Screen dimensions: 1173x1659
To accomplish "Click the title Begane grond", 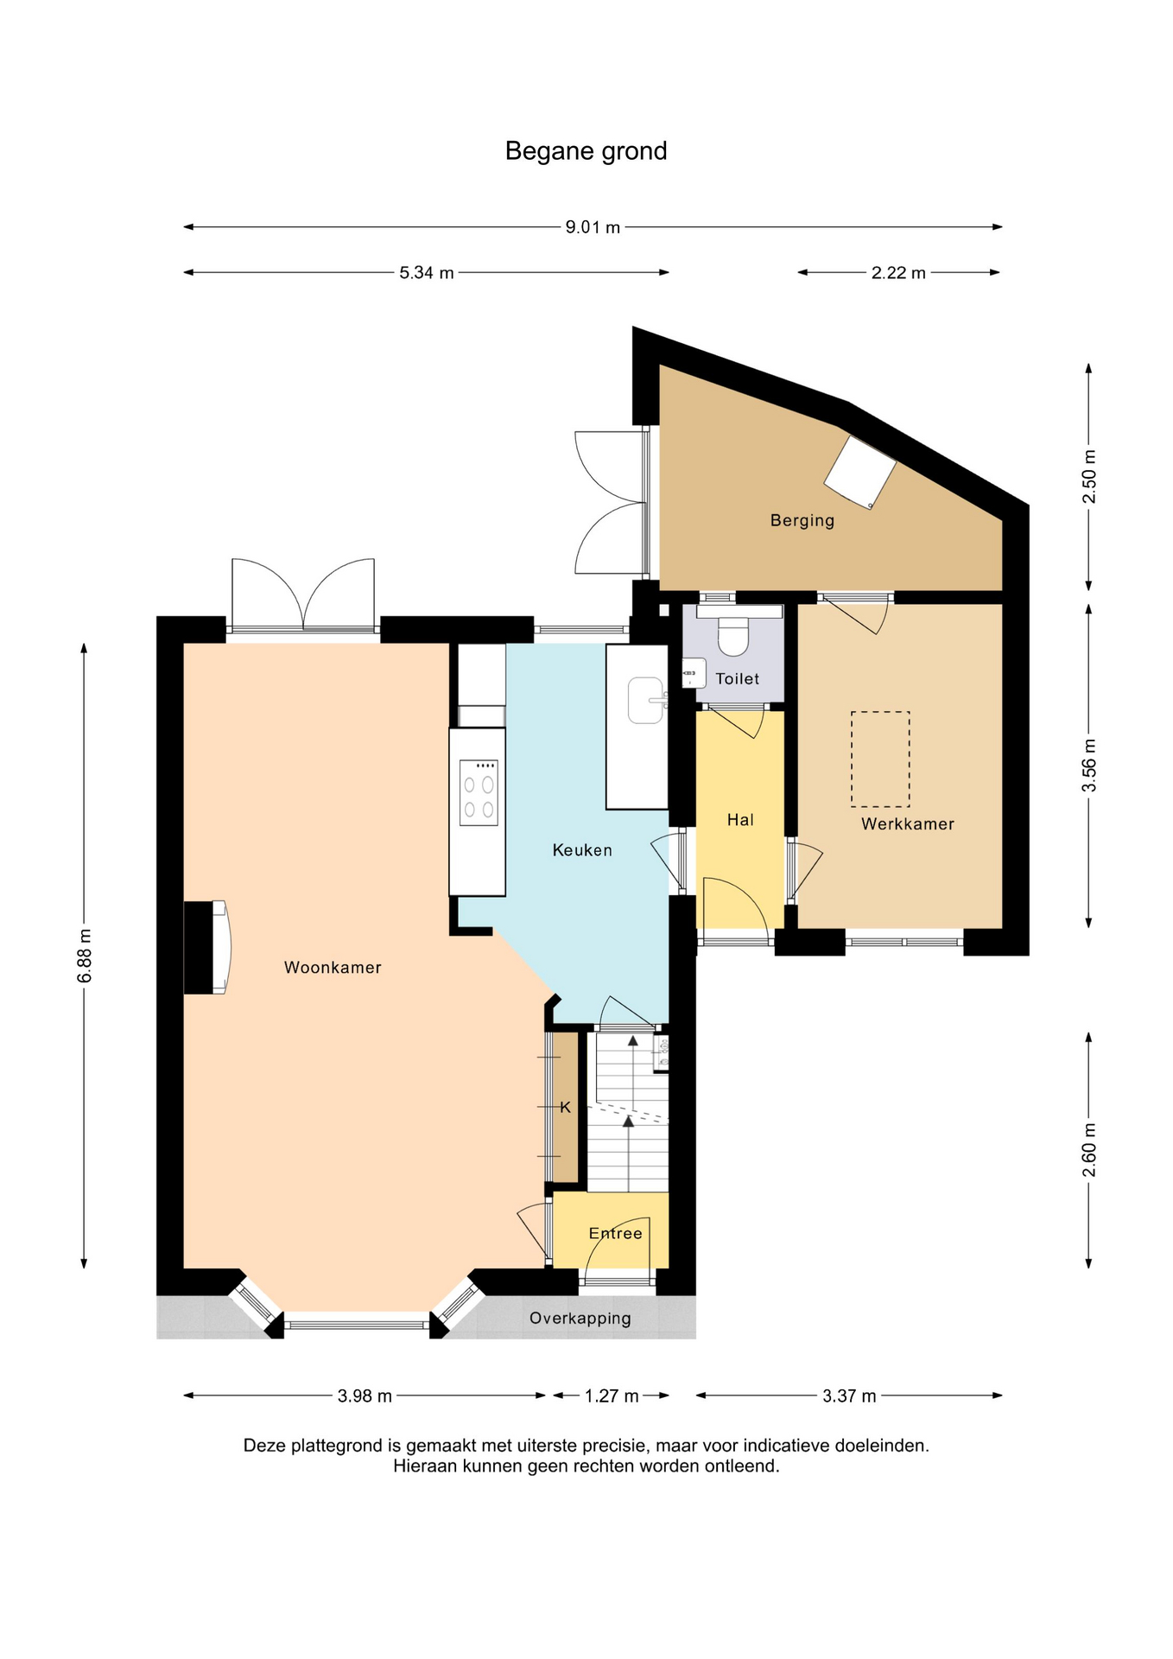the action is [586, 151].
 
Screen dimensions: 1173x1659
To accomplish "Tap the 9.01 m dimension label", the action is [593, 227].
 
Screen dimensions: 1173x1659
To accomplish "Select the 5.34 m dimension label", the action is [426, 273].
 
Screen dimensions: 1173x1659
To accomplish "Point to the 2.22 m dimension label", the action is [898, 273].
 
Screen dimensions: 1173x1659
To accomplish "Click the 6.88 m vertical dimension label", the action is [84, 956].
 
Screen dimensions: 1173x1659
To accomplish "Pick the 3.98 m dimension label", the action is [365, 1395].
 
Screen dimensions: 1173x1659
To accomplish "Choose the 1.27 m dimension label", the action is [612, 1395].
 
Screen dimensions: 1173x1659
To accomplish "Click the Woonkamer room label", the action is [333, 968].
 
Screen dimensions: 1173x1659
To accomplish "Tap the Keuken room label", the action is [582, 850].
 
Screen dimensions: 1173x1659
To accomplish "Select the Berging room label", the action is [802, 520].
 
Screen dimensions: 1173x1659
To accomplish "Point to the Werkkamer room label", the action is [908, 824].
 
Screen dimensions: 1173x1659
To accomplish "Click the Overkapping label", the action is [580, 1319].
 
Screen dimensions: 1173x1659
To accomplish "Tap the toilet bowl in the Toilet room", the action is [733, 636].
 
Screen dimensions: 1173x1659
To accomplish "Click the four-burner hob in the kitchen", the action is [479, 793].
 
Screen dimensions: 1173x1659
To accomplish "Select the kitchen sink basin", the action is [646, 700].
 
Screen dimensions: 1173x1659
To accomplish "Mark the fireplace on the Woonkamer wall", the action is [206, 947].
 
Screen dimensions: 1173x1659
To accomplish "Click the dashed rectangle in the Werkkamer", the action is [880, 759].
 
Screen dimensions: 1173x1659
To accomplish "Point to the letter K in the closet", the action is [566, 1107].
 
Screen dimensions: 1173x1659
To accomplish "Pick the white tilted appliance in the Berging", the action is [860, 472].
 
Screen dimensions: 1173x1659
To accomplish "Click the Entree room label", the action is [615, 1233].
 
